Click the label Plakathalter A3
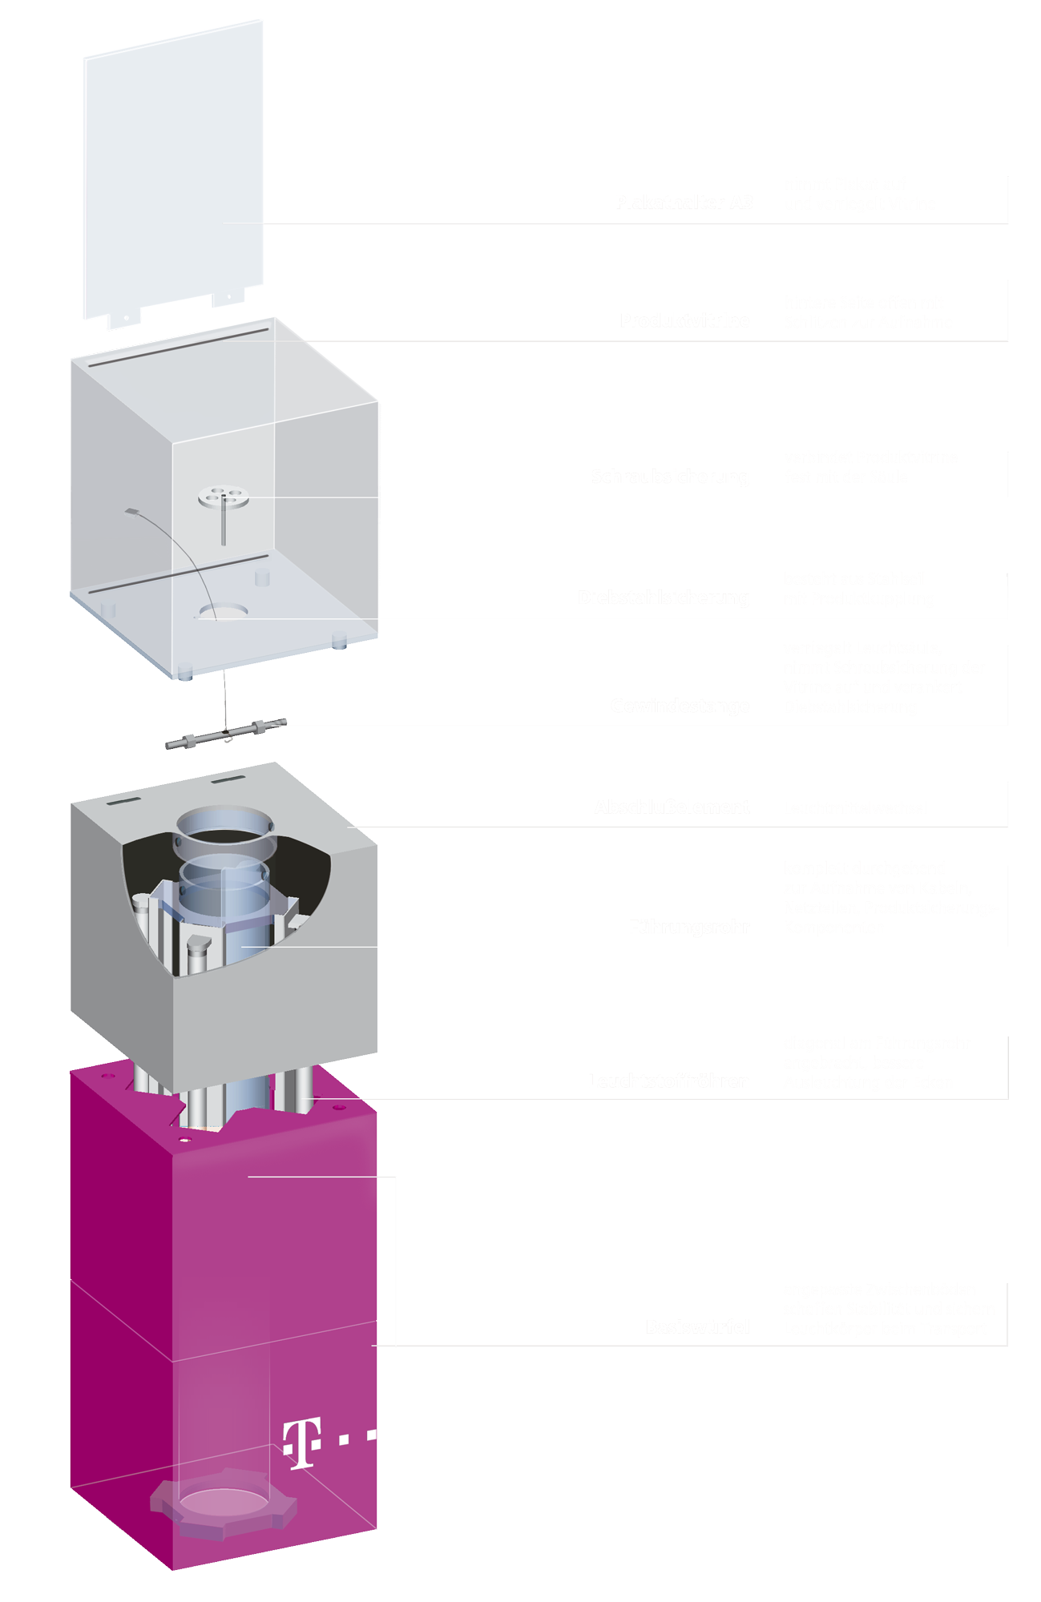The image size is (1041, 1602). (685, 203)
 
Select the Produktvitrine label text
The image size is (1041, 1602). (685, 321)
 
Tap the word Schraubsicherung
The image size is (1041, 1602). (670, 477)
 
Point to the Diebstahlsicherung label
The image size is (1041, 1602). (664, 598)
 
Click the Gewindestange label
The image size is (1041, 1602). (680, 706)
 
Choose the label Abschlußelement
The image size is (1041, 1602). (672, 807)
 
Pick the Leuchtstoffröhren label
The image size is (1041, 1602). (668, 1081)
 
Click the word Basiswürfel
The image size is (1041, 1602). (697, 1327)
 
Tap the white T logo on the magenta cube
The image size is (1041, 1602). (303, 1442)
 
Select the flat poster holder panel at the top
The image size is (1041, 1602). (174, 168)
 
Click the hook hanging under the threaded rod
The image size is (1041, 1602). (228, 738)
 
